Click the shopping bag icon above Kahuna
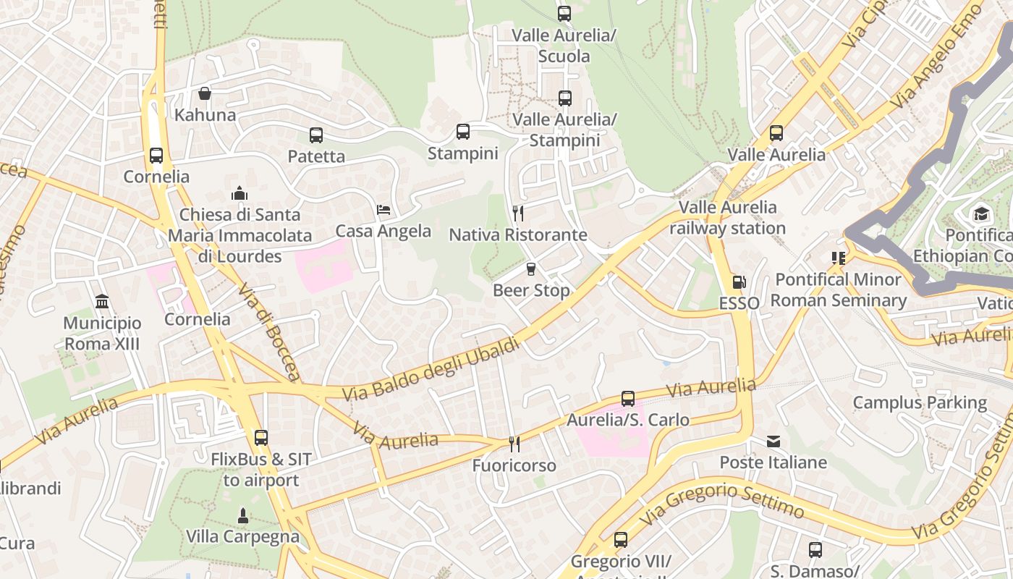click(x=205, y=93)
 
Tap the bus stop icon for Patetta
click(x=316, y=135)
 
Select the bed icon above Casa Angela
click(x=383, y=210)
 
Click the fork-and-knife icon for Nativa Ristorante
click(x=517, y=213)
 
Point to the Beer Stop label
click(x=531, y=290)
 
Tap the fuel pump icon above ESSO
click(x=739, y=282)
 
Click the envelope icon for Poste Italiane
click(x=773, y=441)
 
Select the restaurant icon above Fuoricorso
click(x=514, y=444)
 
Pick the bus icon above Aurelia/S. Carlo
click(x=628, y=399)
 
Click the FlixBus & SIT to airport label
click(x=261, y=470)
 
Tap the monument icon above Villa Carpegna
click(x=243, y=515)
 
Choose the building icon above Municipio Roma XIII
click(x=102, y=301)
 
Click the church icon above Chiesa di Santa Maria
click(x=240, y=193)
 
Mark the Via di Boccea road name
click(x=269, y=331)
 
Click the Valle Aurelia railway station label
click(x=727, y=218)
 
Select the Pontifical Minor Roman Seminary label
click(x=838, y=289)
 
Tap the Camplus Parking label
click(x=920, y=402)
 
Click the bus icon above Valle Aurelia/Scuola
click(x=564, y=14)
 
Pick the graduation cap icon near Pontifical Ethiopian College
click(x=981, y=214)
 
